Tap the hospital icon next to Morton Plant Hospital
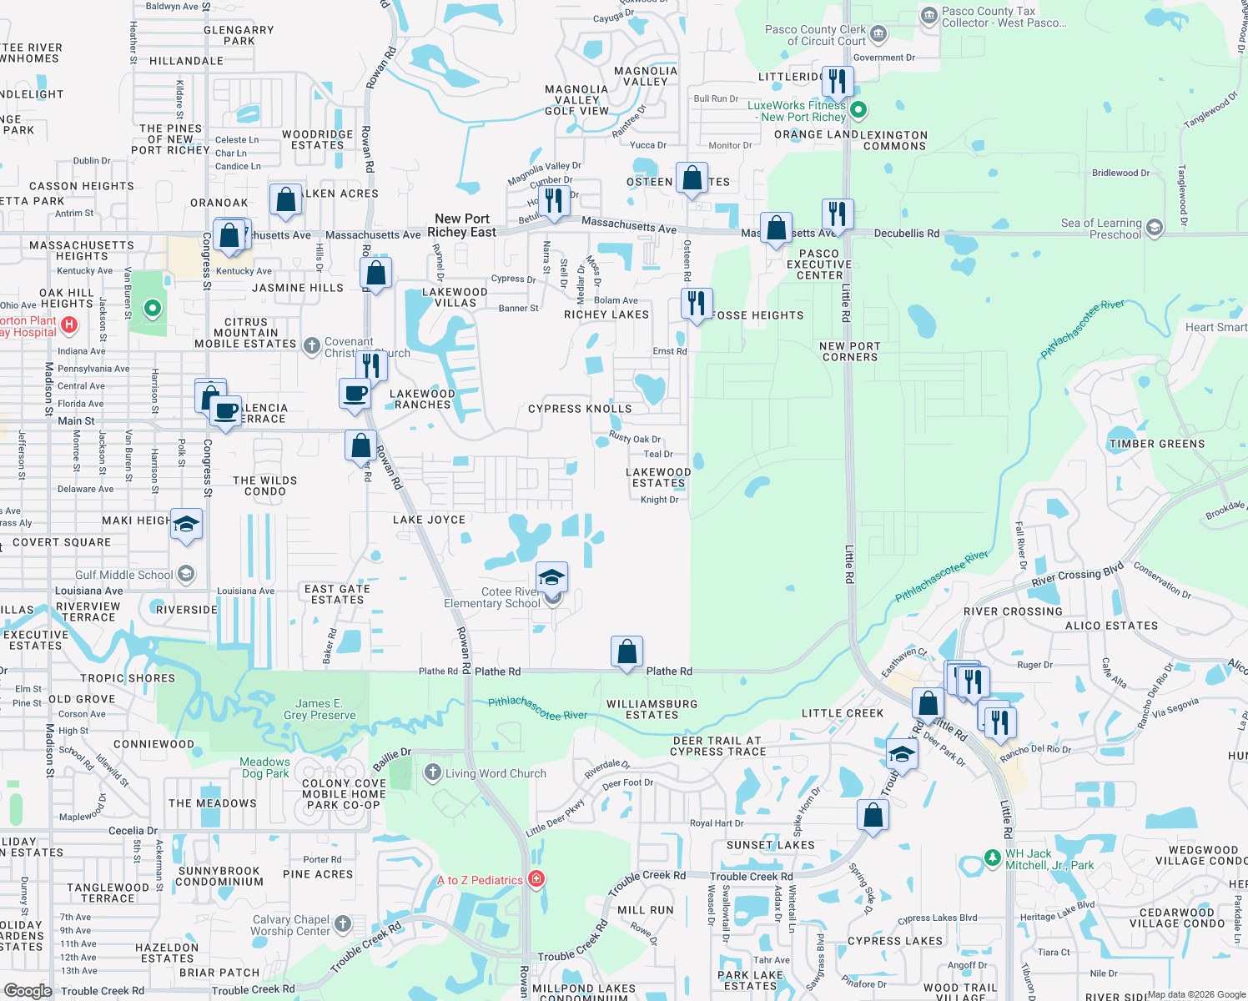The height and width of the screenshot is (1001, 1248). click(x=70, y=325)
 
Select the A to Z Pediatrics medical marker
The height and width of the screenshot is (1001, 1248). click(x=537, y=879)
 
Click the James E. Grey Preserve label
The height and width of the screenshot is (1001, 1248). click(x=320, y=709)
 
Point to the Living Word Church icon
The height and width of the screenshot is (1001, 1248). click(x=432, y=772)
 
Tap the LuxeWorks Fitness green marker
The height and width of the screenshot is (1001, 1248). click(x=858, y=109)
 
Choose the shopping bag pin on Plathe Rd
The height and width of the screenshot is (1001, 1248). click(x=627, y=651)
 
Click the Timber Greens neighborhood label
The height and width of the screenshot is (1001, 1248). click(x=1156, y=444)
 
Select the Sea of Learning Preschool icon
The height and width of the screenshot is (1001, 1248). click(x=1155, y=227)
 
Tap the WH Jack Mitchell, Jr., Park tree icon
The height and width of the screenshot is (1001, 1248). click(x=992, y=857)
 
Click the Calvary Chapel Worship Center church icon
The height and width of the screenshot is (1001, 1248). click(x=343, y=923)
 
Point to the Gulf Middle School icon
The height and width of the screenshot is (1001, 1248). click(x=187, y=574)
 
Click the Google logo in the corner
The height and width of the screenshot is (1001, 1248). click(x=28, y=990)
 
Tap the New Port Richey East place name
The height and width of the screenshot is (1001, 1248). click(x=461, y=225)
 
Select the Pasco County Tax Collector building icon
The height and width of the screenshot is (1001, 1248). click(x=928, y=16)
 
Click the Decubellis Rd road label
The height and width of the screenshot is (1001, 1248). click(x=906, y=234)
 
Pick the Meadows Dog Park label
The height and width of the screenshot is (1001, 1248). click(x=264, y=767)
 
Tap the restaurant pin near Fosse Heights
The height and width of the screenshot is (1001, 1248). click(x=696, y=303)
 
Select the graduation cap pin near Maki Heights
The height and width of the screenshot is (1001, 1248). click(x=186, y=524)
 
